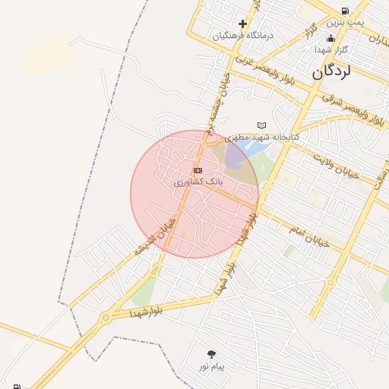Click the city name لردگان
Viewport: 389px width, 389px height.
tap(331, 72)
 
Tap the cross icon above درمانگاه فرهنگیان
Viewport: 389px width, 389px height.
tap(242, 24)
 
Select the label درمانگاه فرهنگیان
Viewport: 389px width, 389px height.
tap(242, 36)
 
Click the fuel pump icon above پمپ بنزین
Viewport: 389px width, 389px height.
tap(346, 11)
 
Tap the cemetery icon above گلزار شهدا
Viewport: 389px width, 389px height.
tap(330, 38)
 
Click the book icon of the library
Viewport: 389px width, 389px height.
tap(263, 125)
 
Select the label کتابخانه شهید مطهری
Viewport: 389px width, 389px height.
tap(267, 138)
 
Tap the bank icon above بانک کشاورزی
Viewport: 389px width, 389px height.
tap(198, 171)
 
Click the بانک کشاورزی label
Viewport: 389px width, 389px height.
tap(198, 182)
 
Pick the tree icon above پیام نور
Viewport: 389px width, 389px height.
tap(210, 354)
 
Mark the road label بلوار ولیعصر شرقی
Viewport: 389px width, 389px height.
tap(352, 107)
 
